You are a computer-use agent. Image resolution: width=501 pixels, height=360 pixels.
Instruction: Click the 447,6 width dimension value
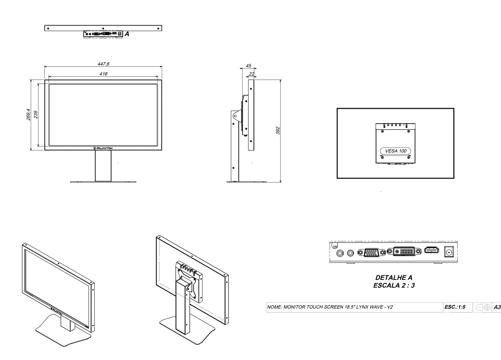coord(104,64)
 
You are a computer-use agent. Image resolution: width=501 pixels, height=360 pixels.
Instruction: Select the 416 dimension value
coord(103,74)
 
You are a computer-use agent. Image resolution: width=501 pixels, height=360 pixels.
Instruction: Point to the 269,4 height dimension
coord(28,115)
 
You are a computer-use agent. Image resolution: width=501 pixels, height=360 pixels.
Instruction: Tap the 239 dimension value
coord(36,115)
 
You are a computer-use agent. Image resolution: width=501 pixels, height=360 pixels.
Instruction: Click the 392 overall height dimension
coord(278,131)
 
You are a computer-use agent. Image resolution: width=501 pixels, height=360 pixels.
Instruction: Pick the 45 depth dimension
coord(248,66)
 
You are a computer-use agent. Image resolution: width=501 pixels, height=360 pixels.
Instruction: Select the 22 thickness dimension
coord(251,74)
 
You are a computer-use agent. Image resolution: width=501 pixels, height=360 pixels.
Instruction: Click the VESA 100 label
coord(396,151)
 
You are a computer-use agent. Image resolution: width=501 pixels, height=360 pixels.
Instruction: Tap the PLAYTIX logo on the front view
coord(103,148)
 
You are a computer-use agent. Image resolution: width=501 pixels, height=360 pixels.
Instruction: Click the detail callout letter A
coord(127,34)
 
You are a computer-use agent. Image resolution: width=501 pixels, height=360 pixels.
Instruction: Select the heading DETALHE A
coord(394,278)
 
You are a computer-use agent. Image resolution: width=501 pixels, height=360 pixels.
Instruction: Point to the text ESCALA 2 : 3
coord(394,285)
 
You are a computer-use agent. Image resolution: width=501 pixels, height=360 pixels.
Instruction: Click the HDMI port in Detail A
coord(432,251)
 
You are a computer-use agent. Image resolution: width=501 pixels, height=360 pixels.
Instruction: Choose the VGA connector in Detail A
coord(372,252)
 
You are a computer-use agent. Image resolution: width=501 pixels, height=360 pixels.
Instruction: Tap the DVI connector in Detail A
coord(404,251)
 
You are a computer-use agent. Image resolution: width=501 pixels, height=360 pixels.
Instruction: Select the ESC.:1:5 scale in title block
coord(455,307)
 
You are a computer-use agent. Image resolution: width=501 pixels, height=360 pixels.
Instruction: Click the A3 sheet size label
coord(497,307)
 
